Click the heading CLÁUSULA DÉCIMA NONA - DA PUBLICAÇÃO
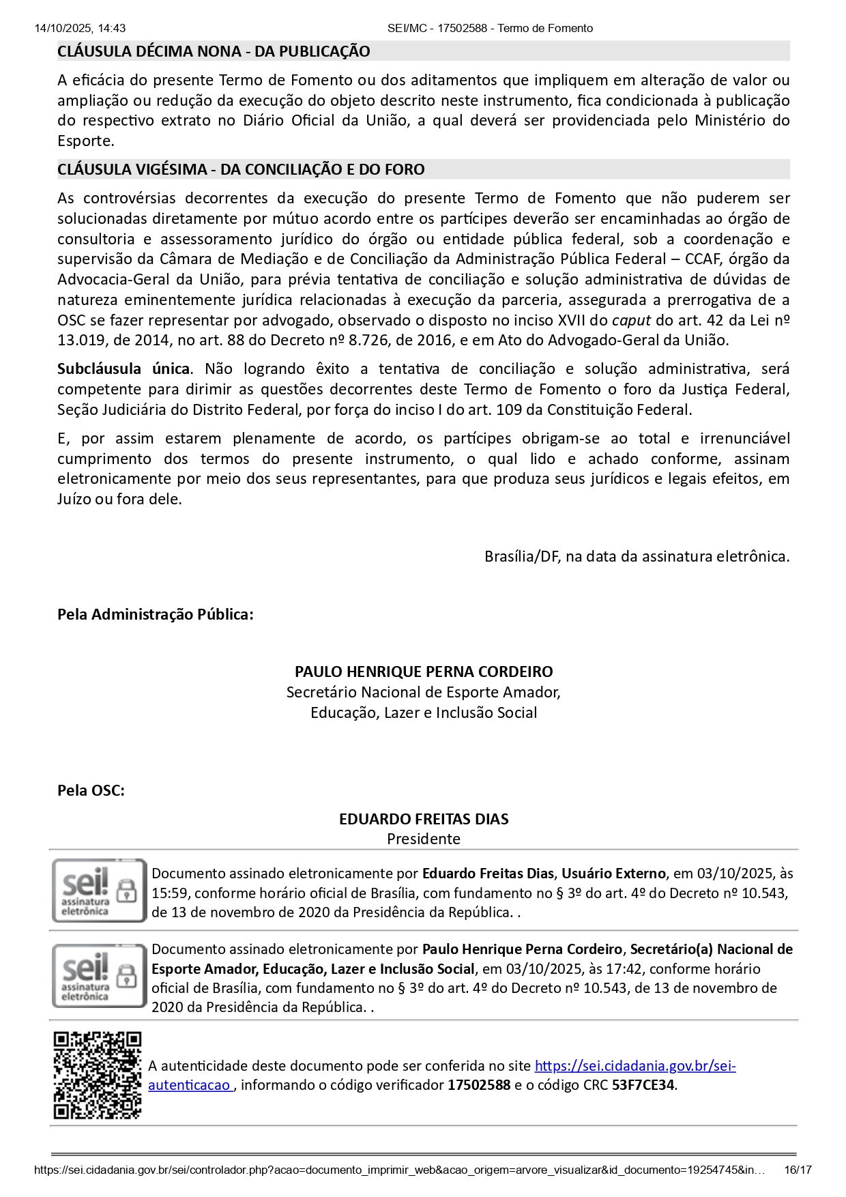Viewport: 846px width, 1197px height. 214,51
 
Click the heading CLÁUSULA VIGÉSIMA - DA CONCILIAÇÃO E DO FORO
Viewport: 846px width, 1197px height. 241,169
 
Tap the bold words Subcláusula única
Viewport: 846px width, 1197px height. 123,369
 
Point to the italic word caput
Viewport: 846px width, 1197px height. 631,320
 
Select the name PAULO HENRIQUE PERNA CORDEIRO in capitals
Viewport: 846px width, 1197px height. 424,672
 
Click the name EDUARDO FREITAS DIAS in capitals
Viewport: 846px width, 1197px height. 424,819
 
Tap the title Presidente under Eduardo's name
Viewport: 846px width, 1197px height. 424,839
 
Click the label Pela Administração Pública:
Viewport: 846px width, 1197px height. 156,614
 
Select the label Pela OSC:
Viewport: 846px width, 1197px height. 91,790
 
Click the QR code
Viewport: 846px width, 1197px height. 98,1075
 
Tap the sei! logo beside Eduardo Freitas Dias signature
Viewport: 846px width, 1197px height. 99,891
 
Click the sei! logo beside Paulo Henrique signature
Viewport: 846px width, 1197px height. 99,976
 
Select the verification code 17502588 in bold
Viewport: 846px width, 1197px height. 479,1085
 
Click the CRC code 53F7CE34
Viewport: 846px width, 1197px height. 643,1085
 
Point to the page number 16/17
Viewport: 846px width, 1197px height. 798,1170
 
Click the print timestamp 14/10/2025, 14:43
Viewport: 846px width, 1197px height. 80,28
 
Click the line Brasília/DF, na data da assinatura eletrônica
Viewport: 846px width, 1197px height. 637,556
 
